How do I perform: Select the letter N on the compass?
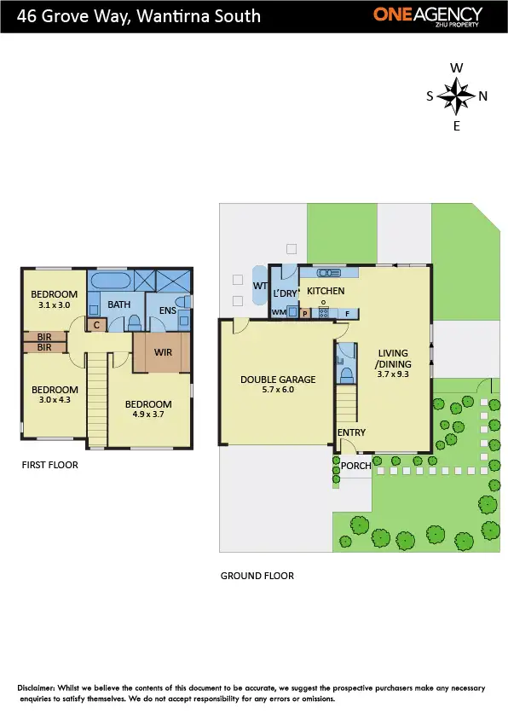(483, 96)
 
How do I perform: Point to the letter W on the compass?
(457, 68)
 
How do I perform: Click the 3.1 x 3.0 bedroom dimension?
(54, 304)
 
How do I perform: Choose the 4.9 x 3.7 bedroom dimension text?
(147, 415)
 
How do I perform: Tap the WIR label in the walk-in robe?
(164, 351)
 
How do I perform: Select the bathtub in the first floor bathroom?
(110, 281)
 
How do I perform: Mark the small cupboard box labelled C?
(96, 324)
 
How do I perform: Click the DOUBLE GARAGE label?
(278, 380)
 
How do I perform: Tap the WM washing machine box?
(279, 313)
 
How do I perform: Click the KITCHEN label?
(326, 291)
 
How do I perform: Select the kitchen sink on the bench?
(329, 273)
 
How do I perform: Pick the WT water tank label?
(259, 287)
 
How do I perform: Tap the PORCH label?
(355, 466)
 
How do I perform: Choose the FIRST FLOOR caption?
(49, 466)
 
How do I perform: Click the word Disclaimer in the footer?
(40, 687)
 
